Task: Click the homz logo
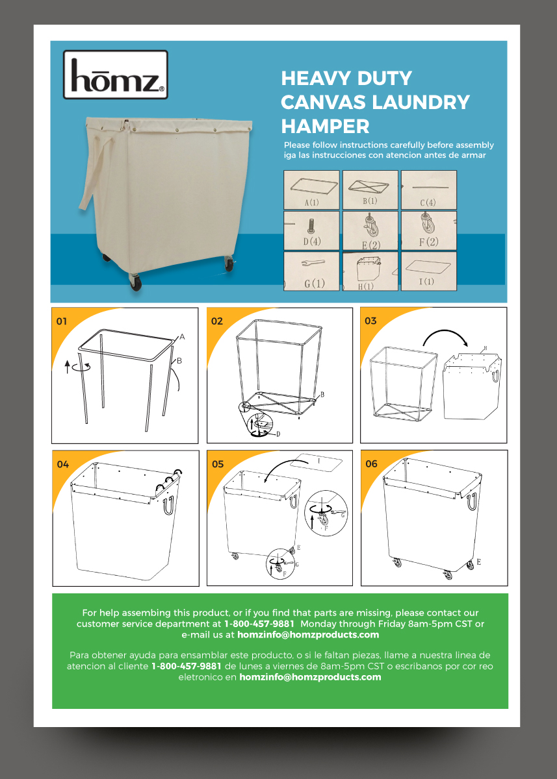point(116,75)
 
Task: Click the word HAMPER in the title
point(325,125)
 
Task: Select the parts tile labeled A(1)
point(312,190)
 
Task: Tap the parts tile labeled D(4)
point(312,230)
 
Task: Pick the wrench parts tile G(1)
point(312,271)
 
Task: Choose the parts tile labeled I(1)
point(428,271)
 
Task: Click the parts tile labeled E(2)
point(370,230)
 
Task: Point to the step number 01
point(62,321)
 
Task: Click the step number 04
point(62,464)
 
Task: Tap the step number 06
point(371,464)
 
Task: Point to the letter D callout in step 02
point(278,434)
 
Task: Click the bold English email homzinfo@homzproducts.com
point(308,635)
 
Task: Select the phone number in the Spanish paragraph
point(187,666)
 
